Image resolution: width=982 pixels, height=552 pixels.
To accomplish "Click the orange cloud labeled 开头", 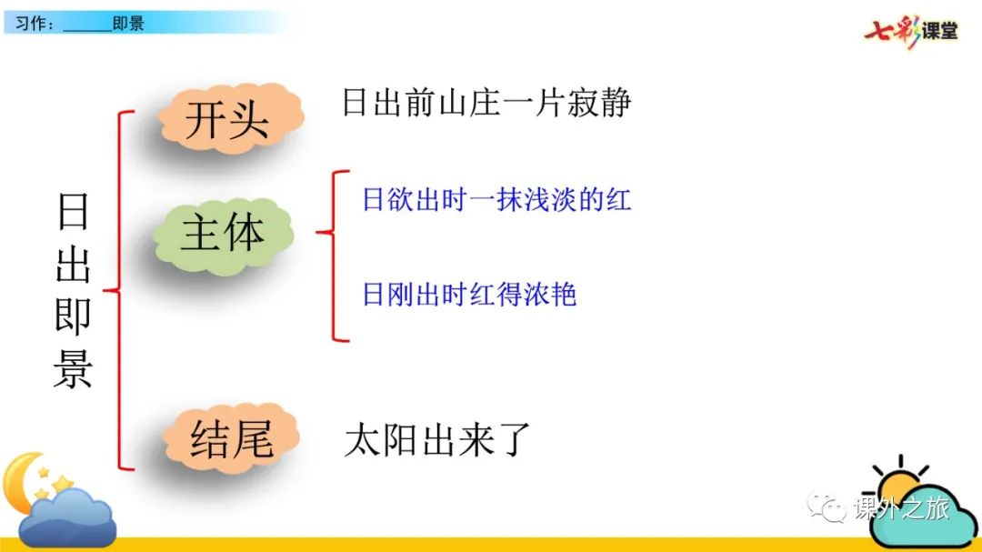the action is point(230,118).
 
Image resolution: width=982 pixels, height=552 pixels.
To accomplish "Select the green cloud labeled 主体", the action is point(224,235).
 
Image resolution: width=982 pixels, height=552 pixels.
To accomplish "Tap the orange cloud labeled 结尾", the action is point(231,438).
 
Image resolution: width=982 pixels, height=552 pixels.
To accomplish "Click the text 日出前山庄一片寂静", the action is point(486,103).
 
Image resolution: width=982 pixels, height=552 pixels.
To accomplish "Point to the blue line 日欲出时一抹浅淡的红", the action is point(496,200).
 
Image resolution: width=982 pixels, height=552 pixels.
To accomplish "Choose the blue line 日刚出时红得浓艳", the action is point(469,294).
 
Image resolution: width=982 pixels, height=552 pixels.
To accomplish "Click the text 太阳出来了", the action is point(437,439).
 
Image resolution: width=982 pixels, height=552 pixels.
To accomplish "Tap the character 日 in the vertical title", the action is point(74,212).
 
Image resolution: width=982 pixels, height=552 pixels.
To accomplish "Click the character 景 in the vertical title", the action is point(74,369).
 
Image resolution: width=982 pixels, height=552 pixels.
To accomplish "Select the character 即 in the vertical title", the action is point(74,316).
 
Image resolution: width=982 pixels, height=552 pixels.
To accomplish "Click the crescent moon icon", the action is point(22,483).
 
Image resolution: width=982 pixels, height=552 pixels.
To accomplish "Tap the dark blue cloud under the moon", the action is point(67,518).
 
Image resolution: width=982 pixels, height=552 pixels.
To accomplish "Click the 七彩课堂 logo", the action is point(911,31).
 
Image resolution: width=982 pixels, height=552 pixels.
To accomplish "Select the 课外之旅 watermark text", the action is point(902,507).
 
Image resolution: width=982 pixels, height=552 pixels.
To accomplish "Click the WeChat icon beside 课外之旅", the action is point(827,507).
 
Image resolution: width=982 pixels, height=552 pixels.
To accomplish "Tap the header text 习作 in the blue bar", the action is point(30,24).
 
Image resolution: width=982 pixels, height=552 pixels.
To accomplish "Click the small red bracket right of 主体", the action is point(333,256).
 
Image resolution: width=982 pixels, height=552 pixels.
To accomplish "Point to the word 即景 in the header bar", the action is point(128,24).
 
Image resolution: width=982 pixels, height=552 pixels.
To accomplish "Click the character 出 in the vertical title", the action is point(74,265).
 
